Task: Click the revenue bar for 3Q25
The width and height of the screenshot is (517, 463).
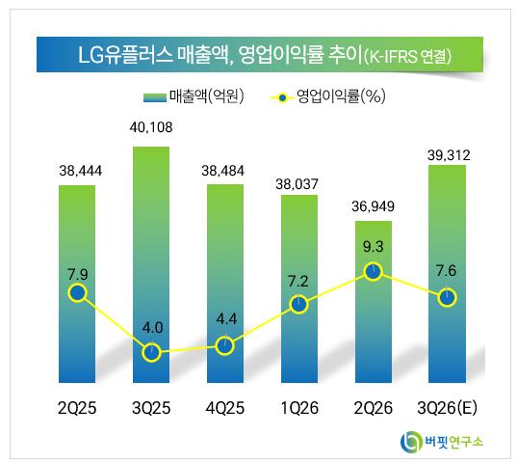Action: [x=151, y=265]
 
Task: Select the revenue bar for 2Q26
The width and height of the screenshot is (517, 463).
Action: [x=374, y=302]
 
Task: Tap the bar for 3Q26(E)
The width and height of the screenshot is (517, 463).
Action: [x=447, y=274]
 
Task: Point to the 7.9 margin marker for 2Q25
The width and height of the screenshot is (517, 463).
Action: [x=78, y=293]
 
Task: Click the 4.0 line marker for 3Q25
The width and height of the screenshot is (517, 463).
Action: [x=151, y=352]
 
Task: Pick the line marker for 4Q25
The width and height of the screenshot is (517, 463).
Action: [x=225, y=345]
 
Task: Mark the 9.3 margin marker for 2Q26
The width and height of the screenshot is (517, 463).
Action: [x=374, y=271]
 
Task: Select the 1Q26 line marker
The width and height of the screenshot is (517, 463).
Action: [x=299, y=304]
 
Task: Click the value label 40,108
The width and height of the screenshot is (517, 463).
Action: [x=151, y=127]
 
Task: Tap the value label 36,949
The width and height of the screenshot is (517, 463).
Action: [x=373, y=206]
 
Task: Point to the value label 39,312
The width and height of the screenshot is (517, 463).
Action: [x=449, y=155]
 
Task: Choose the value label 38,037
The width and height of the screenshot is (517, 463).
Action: [x=297, y=184]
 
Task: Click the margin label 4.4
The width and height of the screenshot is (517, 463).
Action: [x=226, y=319]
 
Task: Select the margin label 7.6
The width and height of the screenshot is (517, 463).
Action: [x=446, y=271]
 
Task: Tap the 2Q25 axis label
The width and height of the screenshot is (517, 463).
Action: [x=77, y=408]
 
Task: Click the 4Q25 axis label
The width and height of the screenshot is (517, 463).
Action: [x=225, y=408]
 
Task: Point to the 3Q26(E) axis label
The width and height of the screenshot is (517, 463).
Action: [x=447, y=408]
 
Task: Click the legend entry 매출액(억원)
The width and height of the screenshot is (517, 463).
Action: [x=194, y=96]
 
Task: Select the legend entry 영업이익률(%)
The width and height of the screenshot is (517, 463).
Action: [x=327, y=96]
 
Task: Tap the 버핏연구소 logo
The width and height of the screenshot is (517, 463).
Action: [x=442, y=442]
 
